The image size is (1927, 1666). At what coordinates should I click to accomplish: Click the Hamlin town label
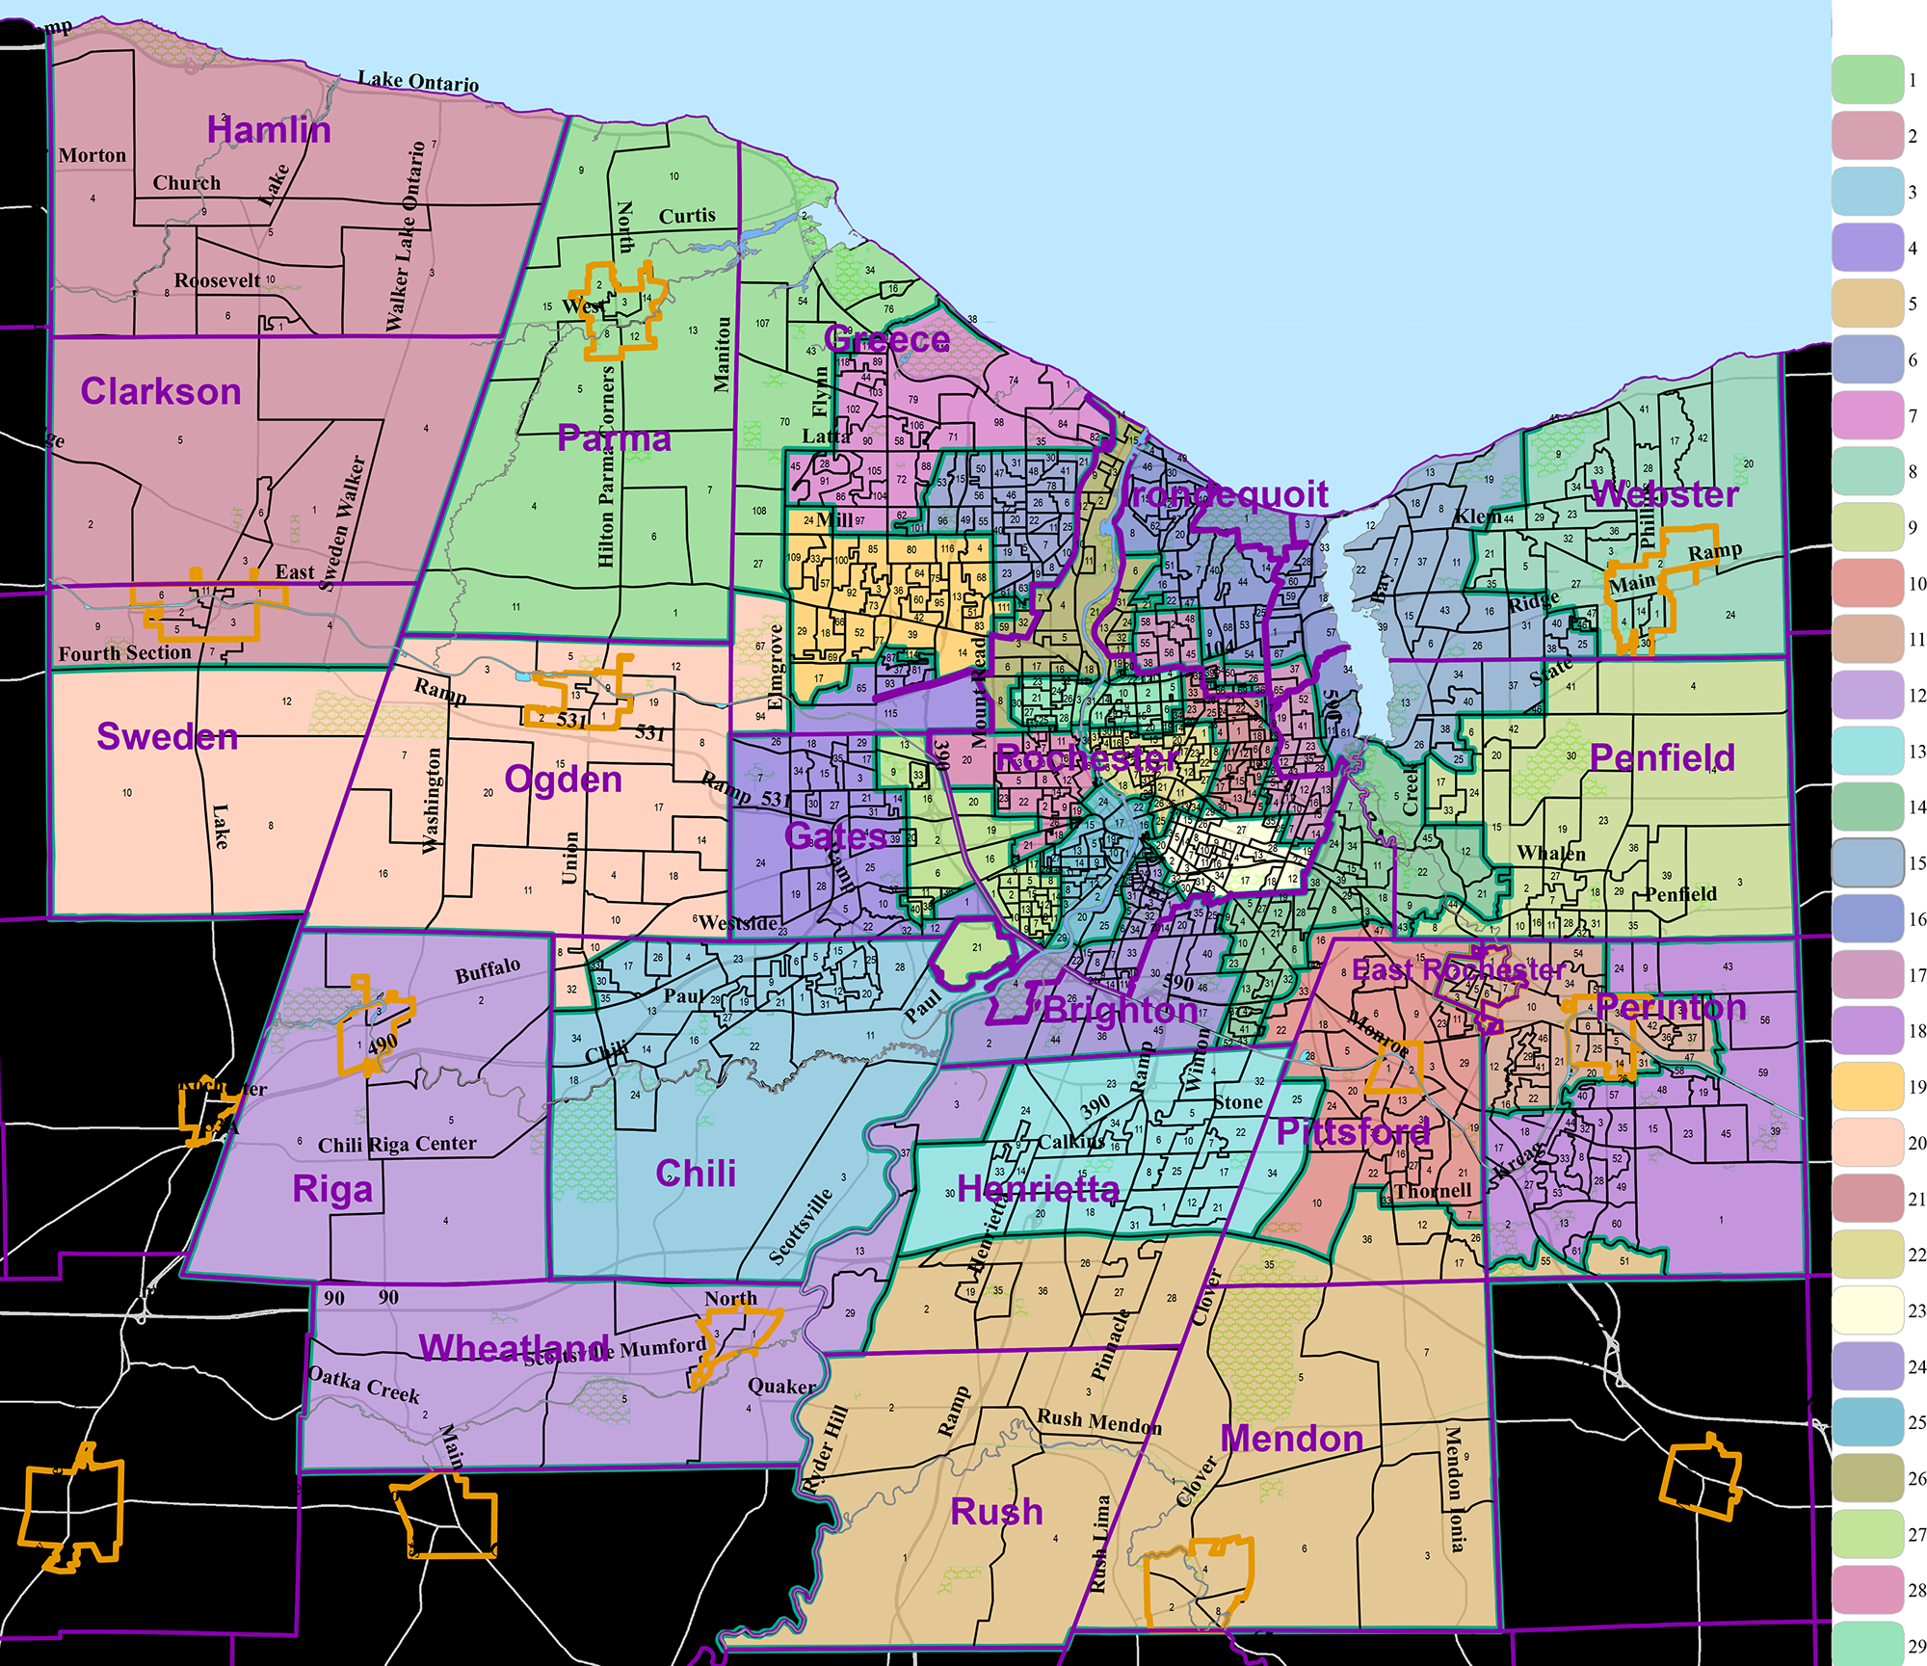tap(269, 130)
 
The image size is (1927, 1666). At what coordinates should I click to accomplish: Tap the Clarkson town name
tap(161, 391)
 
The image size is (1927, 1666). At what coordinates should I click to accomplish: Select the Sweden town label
tap(168, 736)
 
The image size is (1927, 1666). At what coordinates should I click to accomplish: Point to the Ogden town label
tap(564, 779)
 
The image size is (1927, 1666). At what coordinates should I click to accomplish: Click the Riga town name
tap(332, 1189)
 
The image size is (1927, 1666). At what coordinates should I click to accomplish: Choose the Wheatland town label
tap(515, 1347)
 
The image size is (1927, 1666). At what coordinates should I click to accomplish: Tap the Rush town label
tap(997, 1511)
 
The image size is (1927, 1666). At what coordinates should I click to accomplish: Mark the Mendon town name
tap(1292, 1439)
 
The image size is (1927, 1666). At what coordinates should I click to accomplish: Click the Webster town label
tap(1664, 494)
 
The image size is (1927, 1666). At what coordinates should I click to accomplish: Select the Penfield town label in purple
tap(1662, 757)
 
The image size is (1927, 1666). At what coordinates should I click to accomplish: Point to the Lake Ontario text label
tap(418, 82)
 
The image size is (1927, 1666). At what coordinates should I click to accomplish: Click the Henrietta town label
tap(1039, 1189)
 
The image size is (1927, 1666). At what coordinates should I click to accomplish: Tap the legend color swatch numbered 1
tap(1868, 80)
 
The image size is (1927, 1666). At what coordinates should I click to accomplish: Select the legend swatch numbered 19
tap(1868, 1087)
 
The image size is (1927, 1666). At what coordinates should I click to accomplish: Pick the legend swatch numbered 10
tap(1868, 583)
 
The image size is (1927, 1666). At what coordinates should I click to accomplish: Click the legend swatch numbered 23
tap(1868, 1310)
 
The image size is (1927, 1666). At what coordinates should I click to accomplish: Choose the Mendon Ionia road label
tap(1455, 1489)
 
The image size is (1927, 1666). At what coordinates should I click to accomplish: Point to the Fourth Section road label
tap(125, 653)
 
